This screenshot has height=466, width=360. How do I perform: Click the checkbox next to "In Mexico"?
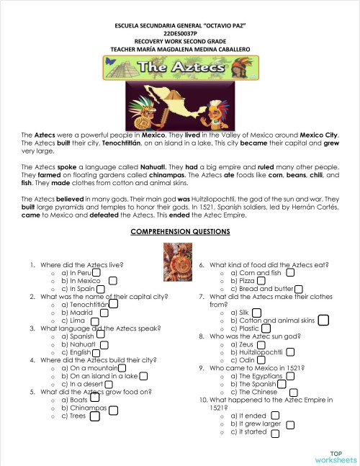[113, 280]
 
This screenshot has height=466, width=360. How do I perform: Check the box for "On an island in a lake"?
[144, 375]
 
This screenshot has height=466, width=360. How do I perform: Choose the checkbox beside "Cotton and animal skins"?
[323, 320]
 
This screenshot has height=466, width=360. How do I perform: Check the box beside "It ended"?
[274, 416]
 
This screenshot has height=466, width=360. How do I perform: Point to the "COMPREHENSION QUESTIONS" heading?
[180, 232]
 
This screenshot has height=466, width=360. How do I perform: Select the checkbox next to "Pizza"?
[261, 281]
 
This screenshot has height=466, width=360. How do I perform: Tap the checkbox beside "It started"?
[274, 432]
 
